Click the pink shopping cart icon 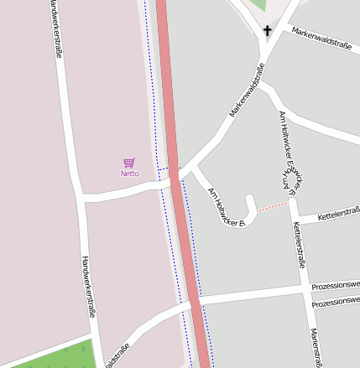click(x=128, y=163)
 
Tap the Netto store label click(x=129, y=174)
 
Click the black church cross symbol click(x=268, y=32)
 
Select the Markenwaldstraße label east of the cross click(x=321, y=39)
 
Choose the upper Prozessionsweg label click(x=335, y=286)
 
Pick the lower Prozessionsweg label click(x=335, y=303)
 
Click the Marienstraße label click(x=316, y=348)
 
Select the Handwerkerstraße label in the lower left click(x=87, y=287)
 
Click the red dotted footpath click(x=273, y=205)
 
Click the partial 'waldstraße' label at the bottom click(x=117, y=357)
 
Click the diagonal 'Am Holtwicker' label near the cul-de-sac click(x=224, y=206)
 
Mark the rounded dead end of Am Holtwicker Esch click(x=251, y=200)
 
